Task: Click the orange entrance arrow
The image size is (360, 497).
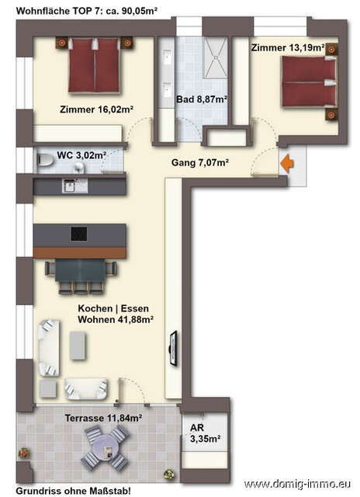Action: (286, 164)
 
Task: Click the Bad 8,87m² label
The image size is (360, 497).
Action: (202, 99)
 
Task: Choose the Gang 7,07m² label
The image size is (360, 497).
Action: (200, 162)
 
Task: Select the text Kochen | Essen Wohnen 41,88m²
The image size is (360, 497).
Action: (115, 313)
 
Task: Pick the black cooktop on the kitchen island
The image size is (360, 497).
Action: (80, 233)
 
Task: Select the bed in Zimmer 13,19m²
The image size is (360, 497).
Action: (309, 81)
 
